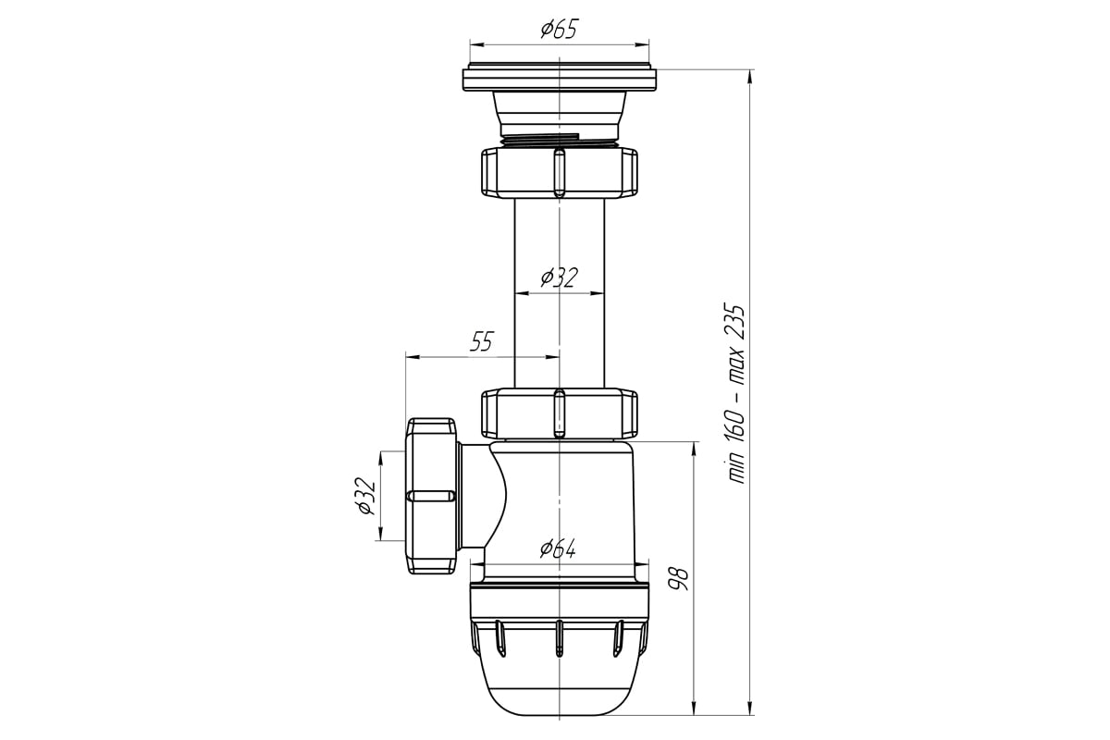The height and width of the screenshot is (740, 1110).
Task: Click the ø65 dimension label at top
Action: coord(559,30)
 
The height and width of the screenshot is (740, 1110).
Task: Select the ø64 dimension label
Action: coord(558,549)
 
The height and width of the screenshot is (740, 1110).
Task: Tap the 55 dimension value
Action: coord(482,341)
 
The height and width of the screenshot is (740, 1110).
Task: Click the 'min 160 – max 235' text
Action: coord(734,394)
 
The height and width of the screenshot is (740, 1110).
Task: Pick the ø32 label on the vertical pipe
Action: coord(559,277)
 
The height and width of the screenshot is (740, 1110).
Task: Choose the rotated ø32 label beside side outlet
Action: coord(365,496)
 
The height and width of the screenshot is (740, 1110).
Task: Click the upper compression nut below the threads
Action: coord(559,172)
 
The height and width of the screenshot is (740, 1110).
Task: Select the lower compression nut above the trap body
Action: coord(559,413)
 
